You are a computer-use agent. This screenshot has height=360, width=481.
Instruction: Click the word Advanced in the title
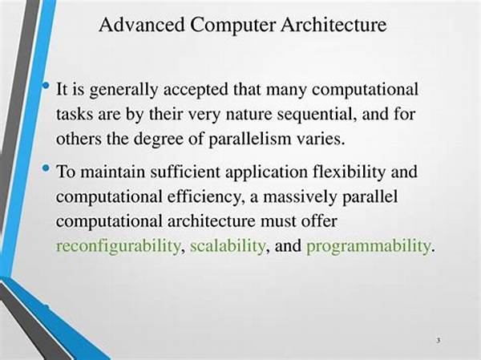(x=142, y=25)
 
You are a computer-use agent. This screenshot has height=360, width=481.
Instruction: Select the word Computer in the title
(x=232, y=25)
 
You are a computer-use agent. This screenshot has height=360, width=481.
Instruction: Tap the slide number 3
(x=439, y=340)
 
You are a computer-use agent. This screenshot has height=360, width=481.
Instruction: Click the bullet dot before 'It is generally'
(x=46, y=86)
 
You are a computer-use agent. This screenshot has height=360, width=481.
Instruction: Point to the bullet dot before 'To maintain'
(x=46, y=168)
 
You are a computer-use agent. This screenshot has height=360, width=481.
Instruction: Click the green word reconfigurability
(x=118, y=246)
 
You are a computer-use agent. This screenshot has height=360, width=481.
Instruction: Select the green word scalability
(x=228, y=245)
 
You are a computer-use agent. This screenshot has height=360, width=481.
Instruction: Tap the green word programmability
(x=368, y=246)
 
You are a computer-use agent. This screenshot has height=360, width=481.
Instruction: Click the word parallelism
(x=249, y=140)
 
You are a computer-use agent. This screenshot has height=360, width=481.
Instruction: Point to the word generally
(x=123, y=91)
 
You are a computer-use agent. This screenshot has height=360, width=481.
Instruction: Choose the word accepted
(x=196, y=91)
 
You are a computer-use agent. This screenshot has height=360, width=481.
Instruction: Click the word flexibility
(x=349, y=172)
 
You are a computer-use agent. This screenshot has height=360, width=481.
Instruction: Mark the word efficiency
(x=204, y=197)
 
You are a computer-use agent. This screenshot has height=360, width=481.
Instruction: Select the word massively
(x=299, y=197)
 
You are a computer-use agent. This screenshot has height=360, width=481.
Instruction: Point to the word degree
(x=159, y=140)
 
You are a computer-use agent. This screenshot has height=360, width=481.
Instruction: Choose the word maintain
(x=112, y=172)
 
